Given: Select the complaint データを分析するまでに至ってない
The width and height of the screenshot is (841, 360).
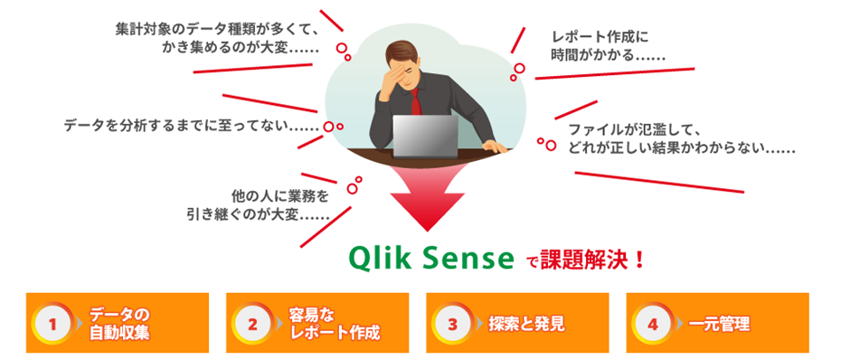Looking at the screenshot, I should pos(191,124).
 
